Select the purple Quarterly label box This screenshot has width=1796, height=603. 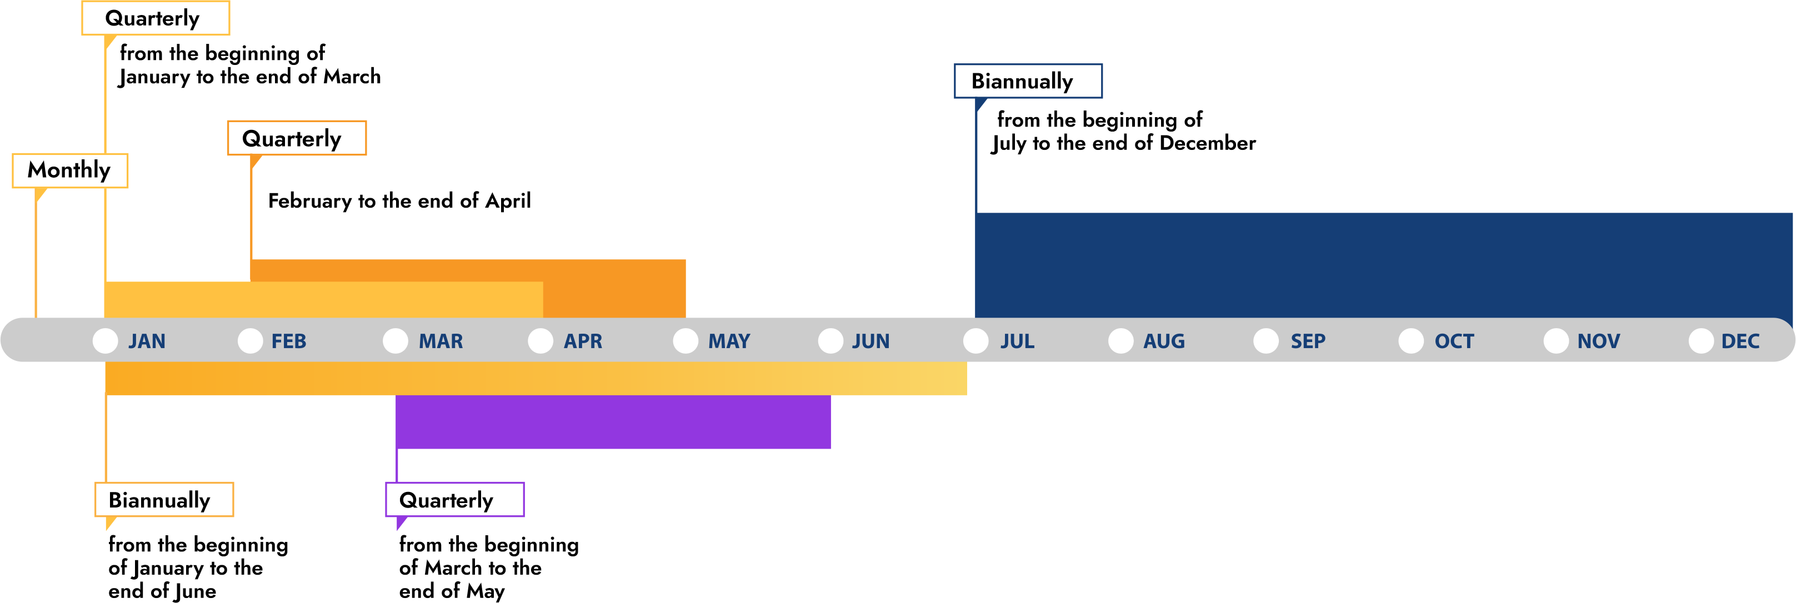[x=454, y=500]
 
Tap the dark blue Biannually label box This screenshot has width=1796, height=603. [x=1028, y=82]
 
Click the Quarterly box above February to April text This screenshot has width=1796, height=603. [x=296, y=138]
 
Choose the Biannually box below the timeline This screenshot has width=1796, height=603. [x=164, y=500]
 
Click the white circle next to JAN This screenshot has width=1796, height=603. [x=106, y=341]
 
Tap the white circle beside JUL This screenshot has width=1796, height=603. [x=975, y=341]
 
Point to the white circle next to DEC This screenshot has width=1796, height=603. [x=1700, y=341]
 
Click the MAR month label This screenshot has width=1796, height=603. [x=441, y=341]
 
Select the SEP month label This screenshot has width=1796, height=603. [x=1307, y=341]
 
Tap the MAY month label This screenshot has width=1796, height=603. [x=729, y=341]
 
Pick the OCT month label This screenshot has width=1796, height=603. [x=1454, y=341]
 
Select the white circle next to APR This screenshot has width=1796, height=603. [x=541, y=341]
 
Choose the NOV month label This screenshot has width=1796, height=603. [x=1598, y=341]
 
